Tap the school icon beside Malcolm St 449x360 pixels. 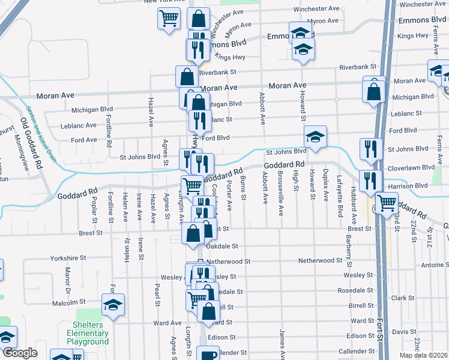pyautogui.click(x=113, y=305)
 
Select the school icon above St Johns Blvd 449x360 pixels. pyautogui.click(x=315, y=137)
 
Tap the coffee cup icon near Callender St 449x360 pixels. pyautogui.click(x=208, y=355)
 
